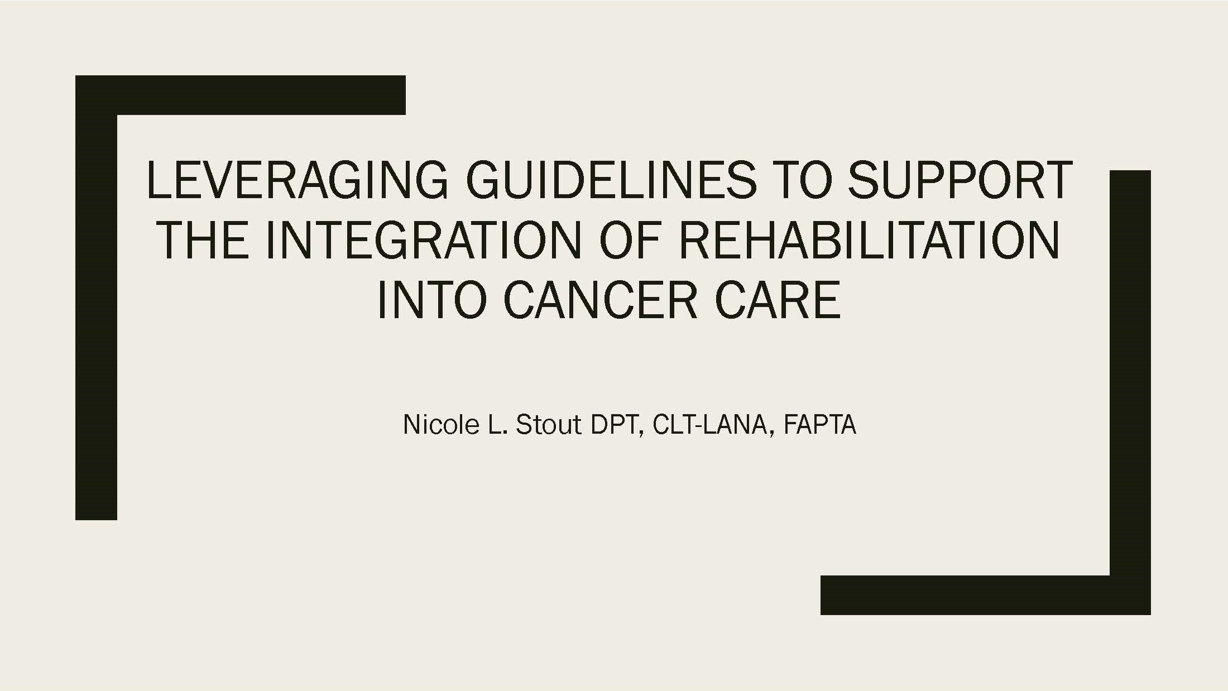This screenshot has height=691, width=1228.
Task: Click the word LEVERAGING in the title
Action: tap(297, 180)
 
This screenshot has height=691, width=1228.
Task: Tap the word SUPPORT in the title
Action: tap(960, 180)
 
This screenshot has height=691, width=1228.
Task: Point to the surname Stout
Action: tap(549, 425)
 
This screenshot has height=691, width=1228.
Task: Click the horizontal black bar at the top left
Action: tap(241, 95)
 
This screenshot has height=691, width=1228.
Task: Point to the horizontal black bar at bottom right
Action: tap(986, 595)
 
